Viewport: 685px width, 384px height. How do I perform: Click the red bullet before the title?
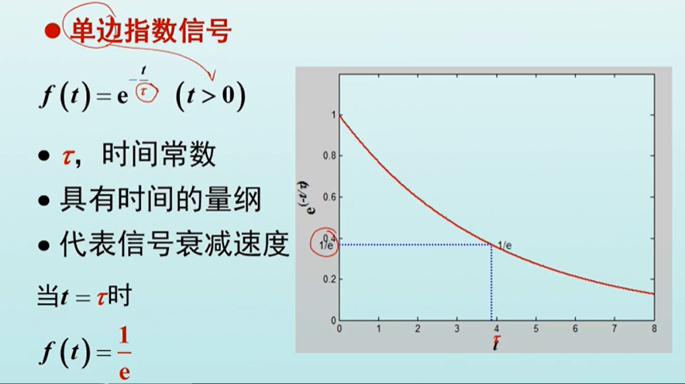52,32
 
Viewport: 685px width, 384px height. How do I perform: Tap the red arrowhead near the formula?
212,76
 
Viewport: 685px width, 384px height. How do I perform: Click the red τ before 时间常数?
67,157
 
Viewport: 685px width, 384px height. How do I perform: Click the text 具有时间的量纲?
161,200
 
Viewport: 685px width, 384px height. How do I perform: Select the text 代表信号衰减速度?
175,244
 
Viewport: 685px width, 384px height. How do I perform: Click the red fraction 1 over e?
124,354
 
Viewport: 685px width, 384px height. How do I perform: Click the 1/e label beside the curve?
504,246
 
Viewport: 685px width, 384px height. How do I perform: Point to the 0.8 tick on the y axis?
329,156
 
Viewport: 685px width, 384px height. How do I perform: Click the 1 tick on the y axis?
334,115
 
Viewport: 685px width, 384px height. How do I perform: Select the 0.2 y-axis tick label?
329,279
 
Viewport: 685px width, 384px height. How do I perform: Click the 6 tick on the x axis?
575,329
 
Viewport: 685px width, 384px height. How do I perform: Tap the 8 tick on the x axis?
654,329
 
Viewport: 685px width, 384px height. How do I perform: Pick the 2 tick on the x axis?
418,329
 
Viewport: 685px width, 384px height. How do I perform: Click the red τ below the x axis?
496,339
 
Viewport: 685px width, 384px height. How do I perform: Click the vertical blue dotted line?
491,282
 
